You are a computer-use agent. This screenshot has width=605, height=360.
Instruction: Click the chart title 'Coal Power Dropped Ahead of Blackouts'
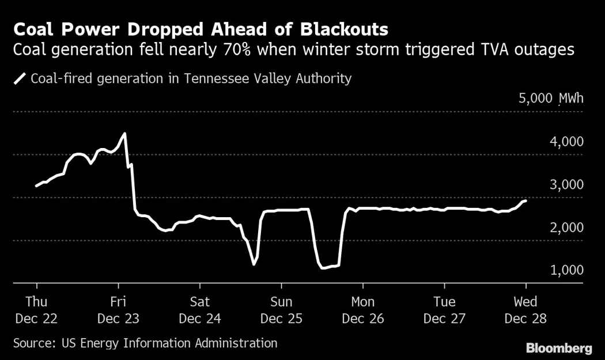pos(201,29)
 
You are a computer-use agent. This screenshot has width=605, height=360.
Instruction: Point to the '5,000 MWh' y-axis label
pos(551,98)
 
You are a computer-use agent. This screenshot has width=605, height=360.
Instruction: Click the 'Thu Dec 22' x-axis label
pos(37,310)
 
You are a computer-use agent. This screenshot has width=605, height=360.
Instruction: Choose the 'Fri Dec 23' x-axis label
pos(118,310)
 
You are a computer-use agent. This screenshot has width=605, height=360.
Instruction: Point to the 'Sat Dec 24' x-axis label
pos(200,310)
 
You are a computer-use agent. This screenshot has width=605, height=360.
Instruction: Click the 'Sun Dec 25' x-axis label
pos(281,310)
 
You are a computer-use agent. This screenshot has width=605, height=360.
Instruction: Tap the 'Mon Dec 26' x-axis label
pos(363,310)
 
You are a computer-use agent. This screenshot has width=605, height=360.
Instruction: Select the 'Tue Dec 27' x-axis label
pos(444,310)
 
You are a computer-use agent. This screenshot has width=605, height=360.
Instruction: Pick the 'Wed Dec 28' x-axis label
pos(525,310)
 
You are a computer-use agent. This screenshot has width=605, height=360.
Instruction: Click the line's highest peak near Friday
pos(124,134)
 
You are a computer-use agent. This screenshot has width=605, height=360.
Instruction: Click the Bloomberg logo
pos(559,348)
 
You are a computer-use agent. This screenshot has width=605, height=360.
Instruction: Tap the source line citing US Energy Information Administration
pos(145,343)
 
